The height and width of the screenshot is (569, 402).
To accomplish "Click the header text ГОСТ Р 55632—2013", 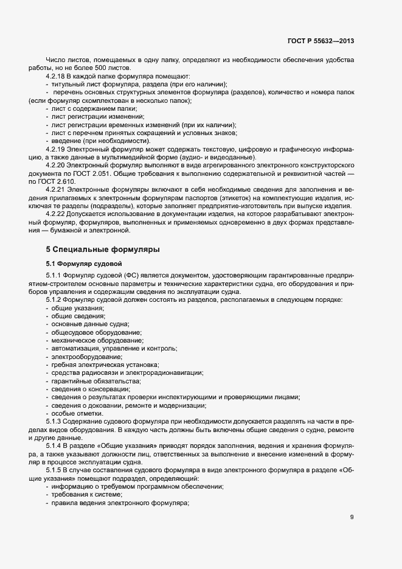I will click(x=321, y=41).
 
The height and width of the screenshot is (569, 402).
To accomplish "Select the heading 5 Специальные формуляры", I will click(x=103, y=249).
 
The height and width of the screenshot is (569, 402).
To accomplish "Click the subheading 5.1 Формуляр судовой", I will click(x=85, y=263).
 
